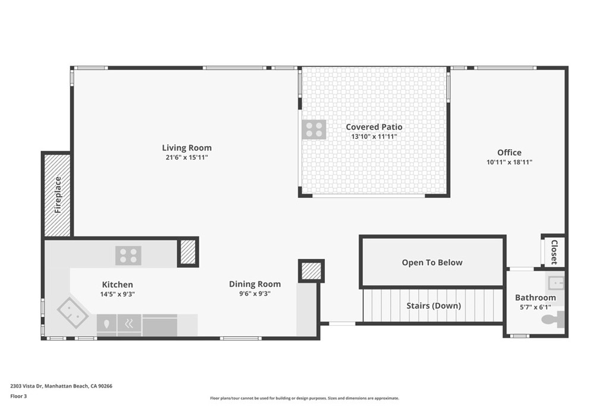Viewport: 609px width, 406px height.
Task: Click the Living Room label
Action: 187,148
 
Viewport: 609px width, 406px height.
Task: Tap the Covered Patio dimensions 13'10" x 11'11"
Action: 374,137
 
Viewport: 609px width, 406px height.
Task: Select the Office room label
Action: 509,153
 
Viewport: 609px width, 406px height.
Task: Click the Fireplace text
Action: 58,195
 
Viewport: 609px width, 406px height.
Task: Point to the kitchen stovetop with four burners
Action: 128,256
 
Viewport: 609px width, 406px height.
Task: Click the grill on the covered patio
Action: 314,130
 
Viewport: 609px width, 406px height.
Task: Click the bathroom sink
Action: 555,281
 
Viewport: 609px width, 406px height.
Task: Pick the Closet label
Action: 554,251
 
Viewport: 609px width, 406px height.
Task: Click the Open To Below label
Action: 432,263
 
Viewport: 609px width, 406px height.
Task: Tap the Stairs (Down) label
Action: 434,306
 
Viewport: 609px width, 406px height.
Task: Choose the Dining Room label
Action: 255,284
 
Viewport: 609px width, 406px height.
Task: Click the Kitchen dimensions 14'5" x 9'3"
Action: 117,294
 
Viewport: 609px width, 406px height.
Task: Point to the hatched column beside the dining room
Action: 310,271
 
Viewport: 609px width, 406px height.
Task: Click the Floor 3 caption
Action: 20,396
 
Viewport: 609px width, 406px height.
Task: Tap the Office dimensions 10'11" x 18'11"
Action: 509,162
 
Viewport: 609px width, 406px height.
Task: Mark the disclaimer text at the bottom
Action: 304,398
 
